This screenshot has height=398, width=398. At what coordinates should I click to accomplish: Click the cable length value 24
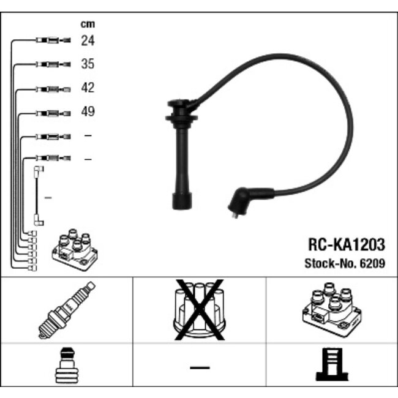point(88,40)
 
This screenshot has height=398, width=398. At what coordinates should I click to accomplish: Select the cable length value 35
point(88,64)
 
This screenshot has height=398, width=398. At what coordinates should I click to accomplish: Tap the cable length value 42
point(88,88)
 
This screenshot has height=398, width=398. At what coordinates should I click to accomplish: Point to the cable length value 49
point(88,111)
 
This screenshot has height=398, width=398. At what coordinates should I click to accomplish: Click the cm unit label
point(88,24)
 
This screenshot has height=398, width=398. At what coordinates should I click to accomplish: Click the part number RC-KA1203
point(347,245)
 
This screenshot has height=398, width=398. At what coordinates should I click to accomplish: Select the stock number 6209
point(372,263)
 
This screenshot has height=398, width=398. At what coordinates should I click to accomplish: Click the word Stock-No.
point(331,263)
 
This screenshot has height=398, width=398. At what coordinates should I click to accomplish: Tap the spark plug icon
point(67,310)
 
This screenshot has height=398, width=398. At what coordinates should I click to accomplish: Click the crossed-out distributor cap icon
point(200,310)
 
